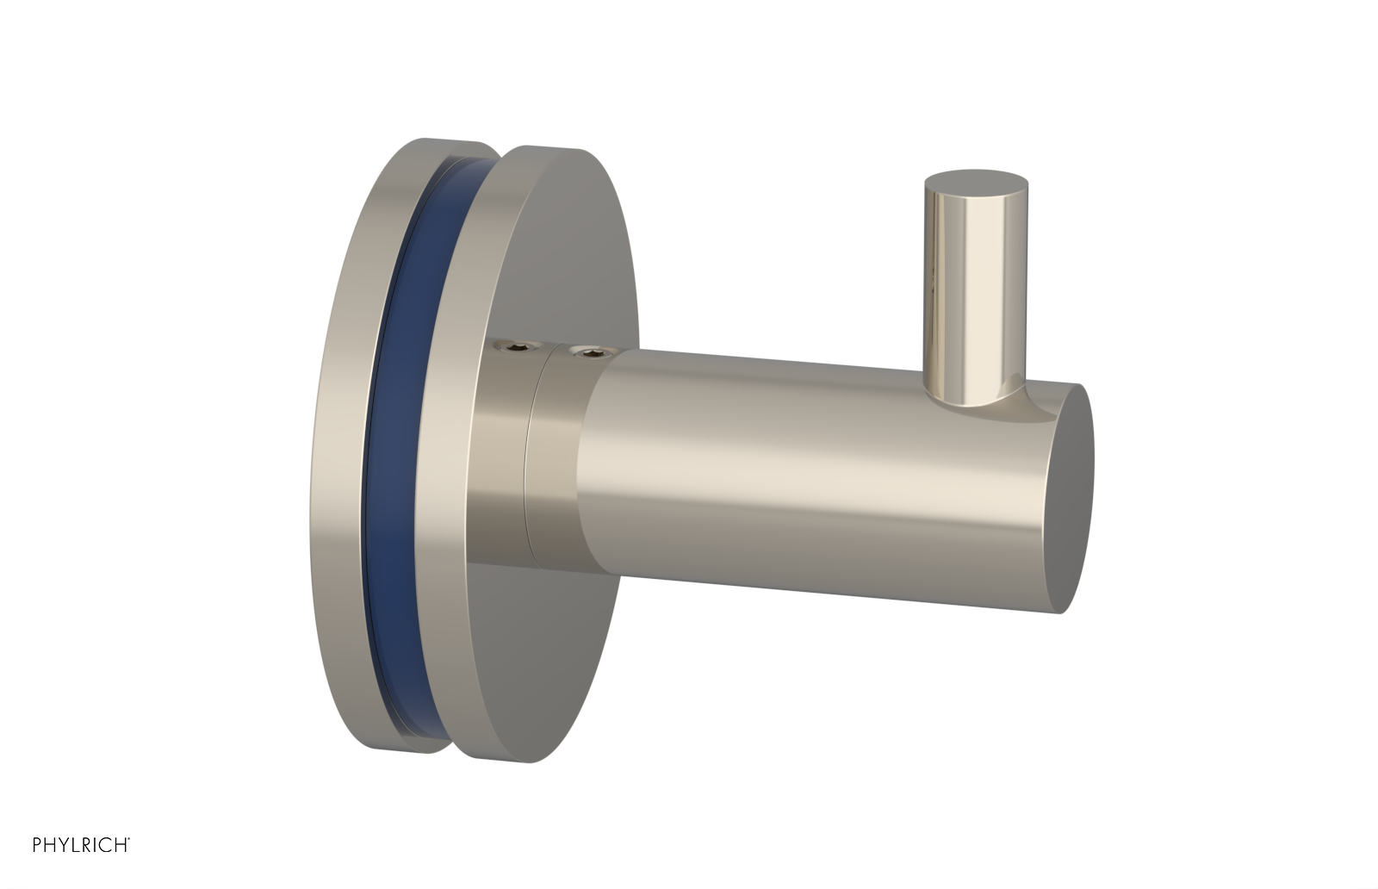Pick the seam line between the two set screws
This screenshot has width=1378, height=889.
pos(531,448)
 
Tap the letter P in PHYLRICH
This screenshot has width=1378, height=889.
pos(37,845)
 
